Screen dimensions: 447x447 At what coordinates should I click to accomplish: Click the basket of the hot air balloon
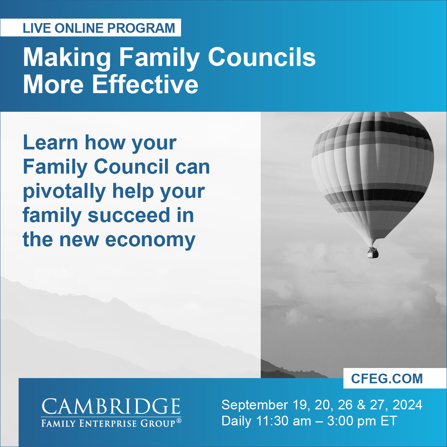pos(373,253)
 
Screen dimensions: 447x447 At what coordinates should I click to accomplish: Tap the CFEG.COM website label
pos(387,378)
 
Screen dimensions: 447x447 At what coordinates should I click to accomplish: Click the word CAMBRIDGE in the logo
pos(111,406)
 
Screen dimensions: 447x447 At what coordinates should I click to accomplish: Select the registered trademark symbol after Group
pos(179,421)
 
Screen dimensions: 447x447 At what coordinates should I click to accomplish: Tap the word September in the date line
pos(254,405)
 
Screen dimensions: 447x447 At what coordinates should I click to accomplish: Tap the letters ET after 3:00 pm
pos(389,421)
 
